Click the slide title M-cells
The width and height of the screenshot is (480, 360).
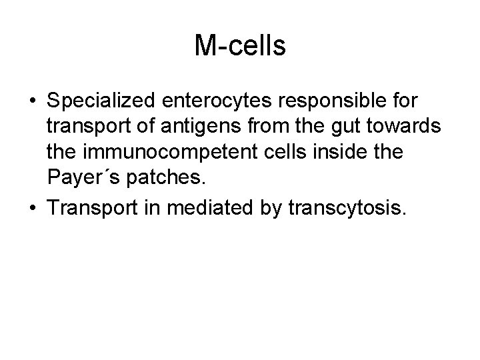click(240, 46)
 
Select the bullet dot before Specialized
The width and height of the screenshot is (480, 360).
click(31, 103)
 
